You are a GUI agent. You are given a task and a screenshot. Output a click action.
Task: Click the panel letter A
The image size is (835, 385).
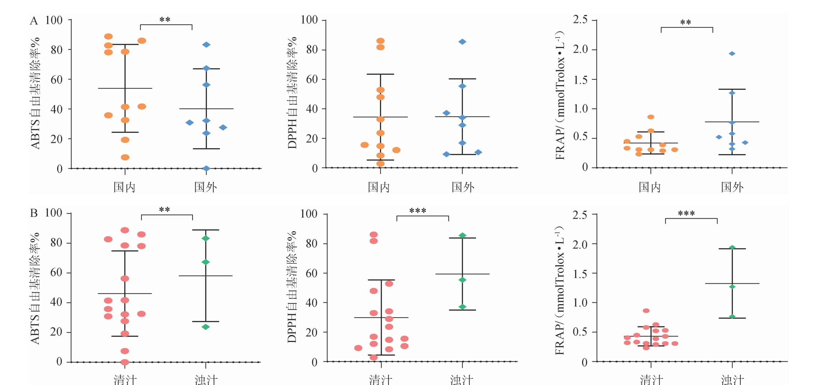click(34, 21)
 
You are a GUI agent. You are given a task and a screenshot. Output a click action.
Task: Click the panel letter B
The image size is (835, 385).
click(34, 213)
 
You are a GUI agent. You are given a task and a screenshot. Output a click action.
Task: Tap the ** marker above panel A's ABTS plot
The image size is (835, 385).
click(165, 20)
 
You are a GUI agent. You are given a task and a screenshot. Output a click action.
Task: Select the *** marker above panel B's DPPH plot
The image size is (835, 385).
click(417, 211)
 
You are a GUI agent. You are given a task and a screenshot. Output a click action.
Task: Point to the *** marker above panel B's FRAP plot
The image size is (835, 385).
click(686, 214)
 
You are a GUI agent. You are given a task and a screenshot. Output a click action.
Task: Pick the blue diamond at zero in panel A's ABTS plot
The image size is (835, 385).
click(206, 169)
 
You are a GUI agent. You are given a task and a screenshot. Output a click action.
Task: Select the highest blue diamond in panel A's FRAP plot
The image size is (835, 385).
click(732, 54)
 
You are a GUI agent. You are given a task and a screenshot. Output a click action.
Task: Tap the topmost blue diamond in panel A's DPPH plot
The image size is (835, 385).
click(462, 42)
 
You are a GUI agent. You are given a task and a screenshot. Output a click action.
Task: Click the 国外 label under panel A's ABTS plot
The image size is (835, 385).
click(205, 187)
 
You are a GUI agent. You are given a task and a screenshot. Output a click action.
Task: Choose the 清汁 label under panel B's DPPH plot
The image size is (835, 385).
click(380, 380)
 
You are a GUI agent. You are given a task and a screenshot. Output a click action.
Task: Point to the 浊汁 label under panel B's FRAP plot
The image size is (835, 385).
click(732, 380)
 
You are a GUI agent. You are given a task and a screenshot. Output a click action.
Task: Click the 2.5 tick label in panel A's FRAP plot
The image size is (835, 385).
click(580, 20)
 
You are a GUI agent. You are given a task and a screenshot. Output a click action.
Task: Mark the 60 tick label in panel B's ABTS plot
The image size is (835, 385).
click(56, 273)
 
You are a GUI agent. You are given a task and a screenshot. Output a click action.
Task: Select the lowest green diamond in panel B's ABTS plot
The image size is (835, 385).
click(205, 327)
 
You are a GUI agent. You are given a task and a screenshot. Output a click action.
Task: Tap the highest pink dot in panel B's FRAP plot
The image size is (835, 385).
click(646, 311)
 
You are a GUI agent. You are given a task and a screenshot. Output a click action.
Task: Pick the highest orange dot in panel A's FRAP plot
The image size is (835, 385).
click(651, 117)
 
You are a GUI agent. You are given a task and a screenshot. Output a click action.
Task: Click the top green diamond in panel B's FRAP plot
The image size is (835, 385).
click(732, 247)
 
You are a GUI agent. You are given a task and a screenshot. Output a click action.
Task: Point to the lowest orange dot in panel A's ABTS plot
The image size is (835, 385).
click(125, 157)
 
